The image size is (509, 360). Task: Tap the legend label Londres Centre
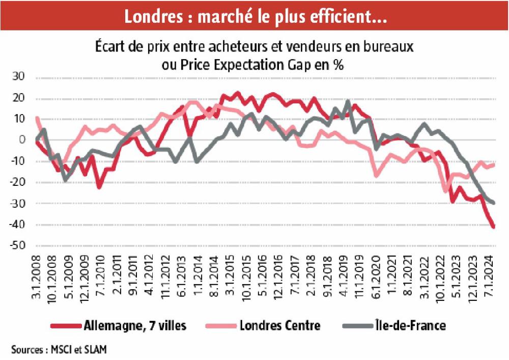pos(280,325)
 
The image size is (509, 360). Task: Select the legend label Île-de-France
pos(414,325)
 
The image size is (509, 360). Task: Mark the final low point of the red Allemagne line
pos(494,227)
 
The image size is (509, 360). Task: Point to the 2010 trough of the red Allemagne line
pos(99,187)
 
